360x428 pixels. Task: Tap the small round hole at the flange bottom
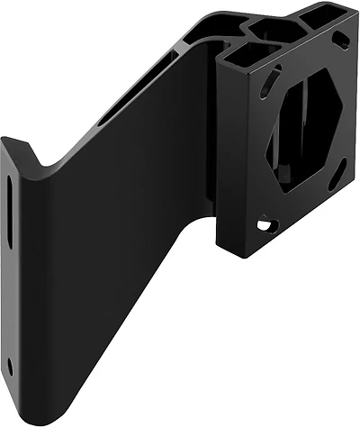pos(10,366)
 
